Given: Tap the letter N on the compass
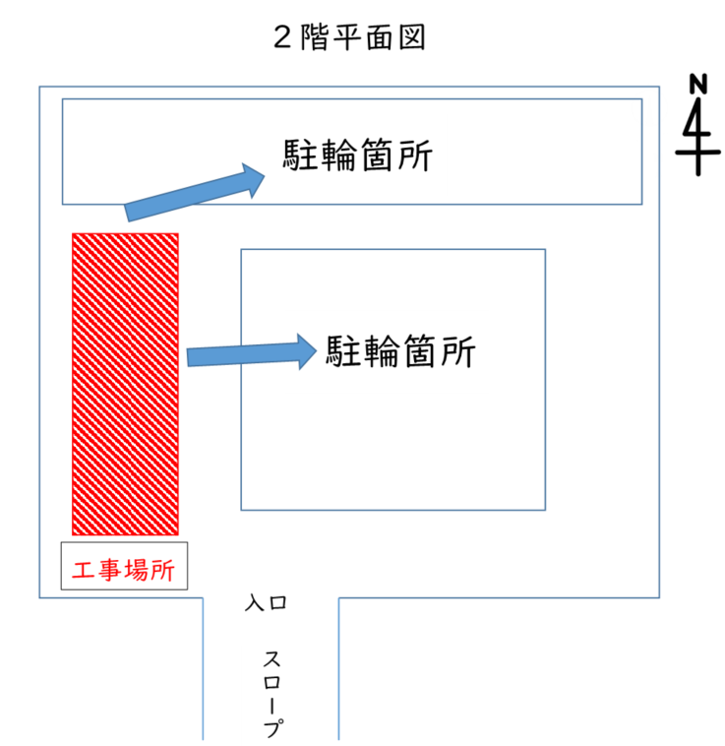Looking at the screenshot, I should click(697, 83).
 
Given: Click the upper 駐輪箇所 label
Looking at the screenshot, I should click(358, 155).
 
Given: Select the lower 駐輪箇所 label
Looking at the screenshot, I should click(401, 350).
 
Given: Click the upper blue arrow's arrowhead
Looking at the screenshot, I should click(254, 178).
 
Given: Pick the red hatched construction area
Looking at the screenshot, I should click(125, 384).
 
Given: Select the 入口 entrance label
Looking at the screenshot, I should click(266, 603).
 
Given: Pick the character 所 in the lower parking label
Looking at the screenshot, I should click(457, 350).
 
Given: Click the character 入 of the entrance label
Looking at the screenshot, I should click(254, 603).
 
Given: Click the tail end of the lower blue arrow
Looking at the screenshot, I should click(190, 356).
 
